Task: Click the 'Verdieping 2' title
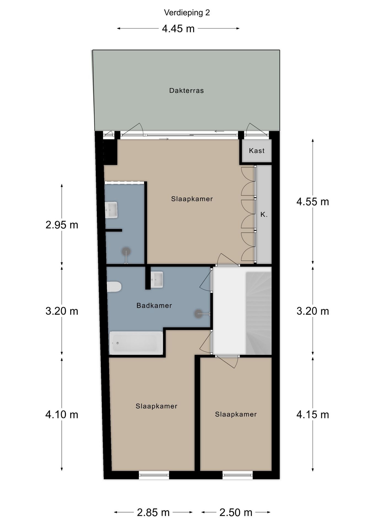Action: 187,12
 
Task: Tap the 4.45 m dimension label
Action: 178,28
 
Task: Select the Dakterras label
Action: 186,90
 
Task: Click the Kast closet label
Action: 257,150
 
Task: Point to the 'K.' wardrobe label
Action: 264,214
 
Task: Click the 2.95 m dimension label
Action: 62,225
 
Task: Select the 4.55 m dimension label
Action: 313,202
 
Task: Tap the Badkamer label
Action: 154,305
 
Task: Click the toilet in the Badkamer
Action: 114,287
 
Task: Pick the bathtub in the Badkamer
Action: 136,343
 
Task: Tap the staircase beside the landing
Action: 258,313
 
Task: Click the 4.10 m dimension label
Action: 62,414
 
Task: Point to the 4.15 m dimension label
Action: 313,414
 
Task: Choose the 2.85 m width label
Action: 153,512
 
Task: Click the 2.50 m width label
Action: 236,512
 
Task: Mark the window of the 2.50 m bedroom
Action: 237,475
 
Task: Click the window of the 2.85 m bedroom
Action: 154,474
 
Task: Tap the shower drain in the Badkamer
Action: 198,314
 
